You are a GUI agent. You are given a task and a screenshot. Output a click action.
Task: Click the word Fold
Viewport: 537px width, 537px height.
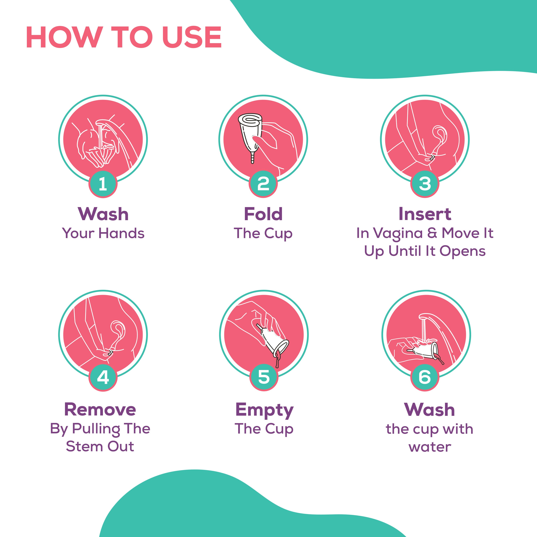(263, 214)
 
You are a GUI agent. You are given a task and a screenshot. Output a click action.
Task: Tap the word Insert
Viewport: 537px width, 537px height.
(425, 214)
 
